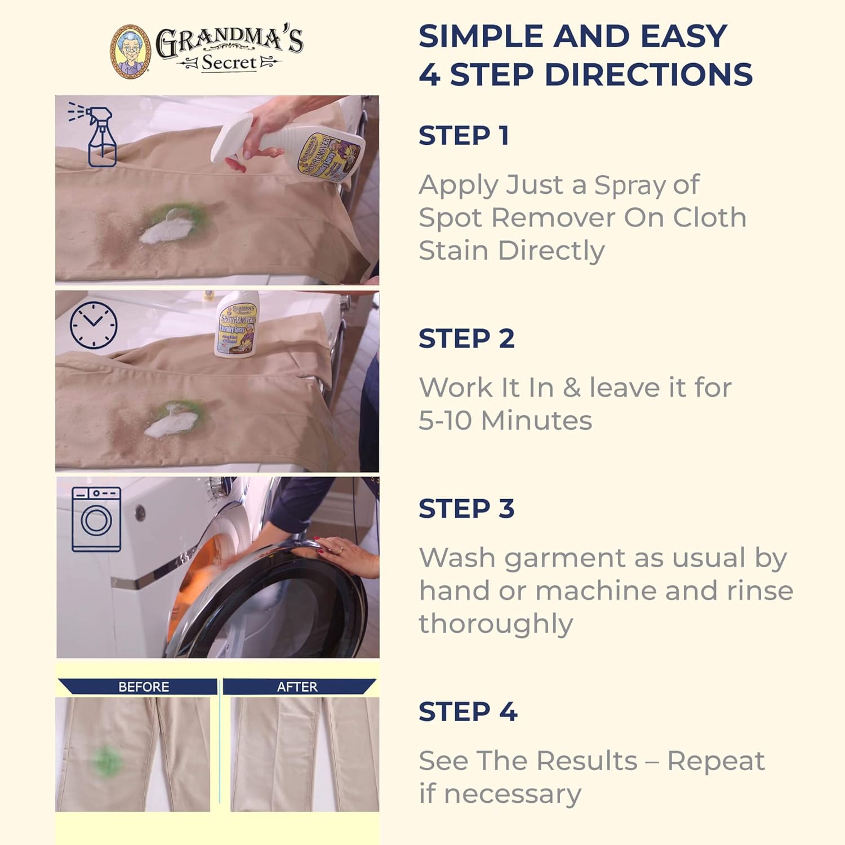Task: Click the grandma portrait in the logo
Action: [130, 51]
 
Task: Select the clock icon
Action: [94, 325]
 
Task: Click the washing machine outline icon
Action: [96, 519]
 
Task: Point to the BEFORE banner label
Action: [143, 687]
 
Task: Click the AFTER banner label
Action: [297, 687]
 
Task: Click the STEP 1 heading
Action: [464, 136]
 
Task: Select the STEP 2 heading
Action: [466, 339]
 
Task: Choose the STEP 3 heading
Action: [466, 509]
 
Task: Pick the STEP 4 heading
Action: [468, 711]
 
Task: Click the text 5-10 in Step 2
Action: [446, 420]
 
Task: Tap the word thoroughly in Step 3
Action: [496, 624]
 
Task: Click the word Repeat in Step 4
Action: [715, 761]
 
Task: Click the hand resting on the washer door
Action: [344, 549]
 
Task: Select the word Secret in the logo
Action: [229, 63]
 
